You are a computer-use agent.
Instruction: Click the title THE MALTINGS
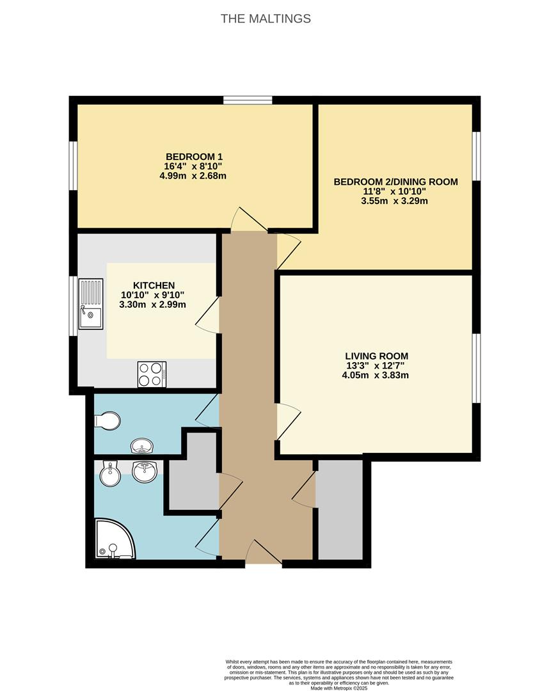(266, 19)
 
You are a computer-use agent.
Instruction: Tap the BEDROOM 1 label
(194, 157)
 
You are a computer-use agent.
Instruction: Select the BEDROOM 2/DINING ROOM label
(395, 182)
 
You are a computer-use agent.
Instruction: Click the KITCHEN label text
(154, 285)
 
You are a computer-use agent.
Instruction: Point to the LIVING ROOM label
(376, 356)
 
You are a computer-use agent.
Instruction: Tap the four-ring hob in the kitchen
(152, 374)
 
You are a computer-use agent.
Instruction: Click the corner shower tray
(114, 539)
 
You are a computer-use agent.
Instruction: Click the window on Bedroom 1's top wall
(248, 100)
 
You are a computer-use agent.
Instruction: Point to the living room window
(476, 368)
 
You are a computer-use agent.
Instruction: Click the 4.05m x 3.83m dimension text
(376, 376)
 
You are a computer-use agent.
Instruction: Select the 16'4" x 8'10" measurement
(193, 166)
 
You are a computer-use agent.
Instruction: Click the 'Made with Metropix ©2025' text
(339, 688)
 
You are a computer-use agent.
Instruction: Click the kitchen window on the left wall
(74, 306)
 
